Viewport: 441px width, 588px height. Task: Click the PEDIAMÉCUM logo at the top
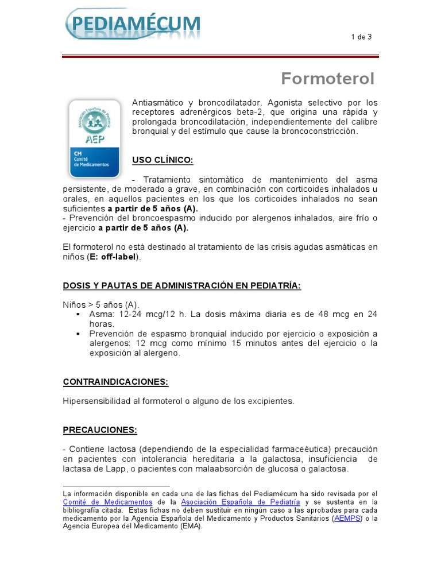click(133, 25)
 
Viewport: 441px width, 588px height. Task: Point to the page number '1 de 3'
click(361, 37)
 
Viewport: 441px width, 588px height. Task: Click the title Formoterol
click(327, 79)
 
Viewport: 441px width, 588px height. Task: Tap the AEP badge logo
click(94, 138)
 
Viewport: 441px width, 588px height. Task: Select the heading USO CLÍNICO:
click(163, 159)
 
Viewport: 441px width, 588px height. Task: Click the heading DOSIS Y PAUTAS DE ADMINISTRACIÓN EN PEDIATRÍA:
click(181, 286)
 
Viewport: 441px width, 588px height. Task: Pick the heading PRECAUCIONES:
click(100, 430)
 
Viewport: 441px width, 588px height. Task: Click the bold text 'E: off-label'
click(113, 257)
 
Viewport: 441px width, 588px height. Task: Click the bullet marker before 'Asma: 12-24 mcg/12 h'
click(78, 315)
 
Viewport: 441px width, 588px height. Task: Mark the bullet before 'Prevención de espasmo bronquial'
click(78, 334)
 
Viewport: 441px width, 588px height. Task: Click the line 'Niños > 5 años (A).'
click(100, 304)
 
